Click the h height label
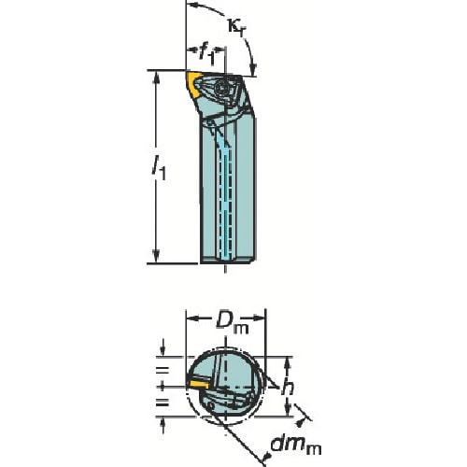288,387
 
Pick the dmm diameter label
296,446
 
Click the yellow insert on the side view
193,85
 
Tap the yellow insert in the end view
197,384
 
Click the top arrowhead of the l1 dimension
156,78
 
